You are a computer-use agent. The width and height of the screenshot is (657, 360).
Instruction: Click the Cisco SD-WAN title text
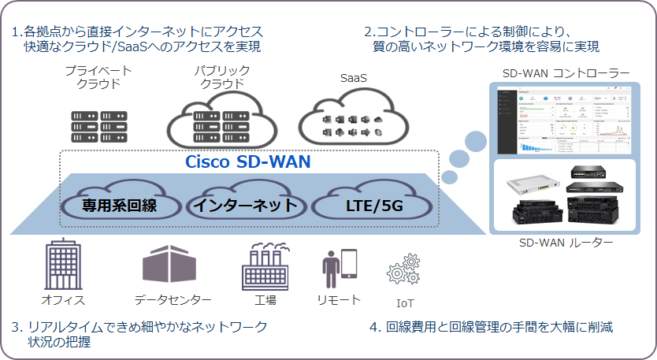pyautogui.click(x=248, y=162)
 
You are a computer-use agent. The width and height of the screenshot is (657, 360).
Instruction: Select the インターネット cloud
pyautogui.click(x=246, y=204)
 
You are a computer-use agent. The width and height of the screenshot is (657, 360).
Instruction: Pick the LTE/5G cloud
pyautogui.click(x=373, y=204)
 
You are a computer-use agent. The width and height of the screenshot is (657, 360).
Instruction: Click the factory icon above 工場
pyautogui.click(x=265, y=267)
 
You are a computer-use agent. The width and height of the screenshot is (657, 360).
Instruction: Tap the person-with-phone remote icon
pyautogui.click(x=339, y=269)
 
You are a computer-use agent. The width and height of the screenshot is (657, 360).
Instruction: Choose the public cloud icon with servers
pyautogui.click(x=221, y=121)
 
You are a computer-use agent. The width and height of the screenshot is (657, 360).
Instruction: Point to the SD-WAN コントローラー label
pyautogui.click(x=566, y=73)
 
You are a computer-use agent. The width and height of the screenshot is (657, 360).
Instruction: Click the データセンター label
pyautogui.click(x=173, y=300)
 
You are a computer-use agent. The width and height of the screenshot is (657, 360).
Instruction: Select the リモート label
pyautogui.click(x=339, y=299)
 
